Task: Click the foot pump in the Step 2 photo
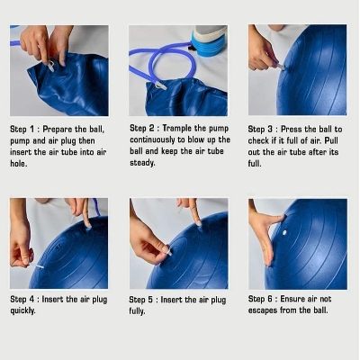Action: (x=210, y=40)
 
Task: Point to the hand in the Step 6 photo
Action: (x=264, y=234)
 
